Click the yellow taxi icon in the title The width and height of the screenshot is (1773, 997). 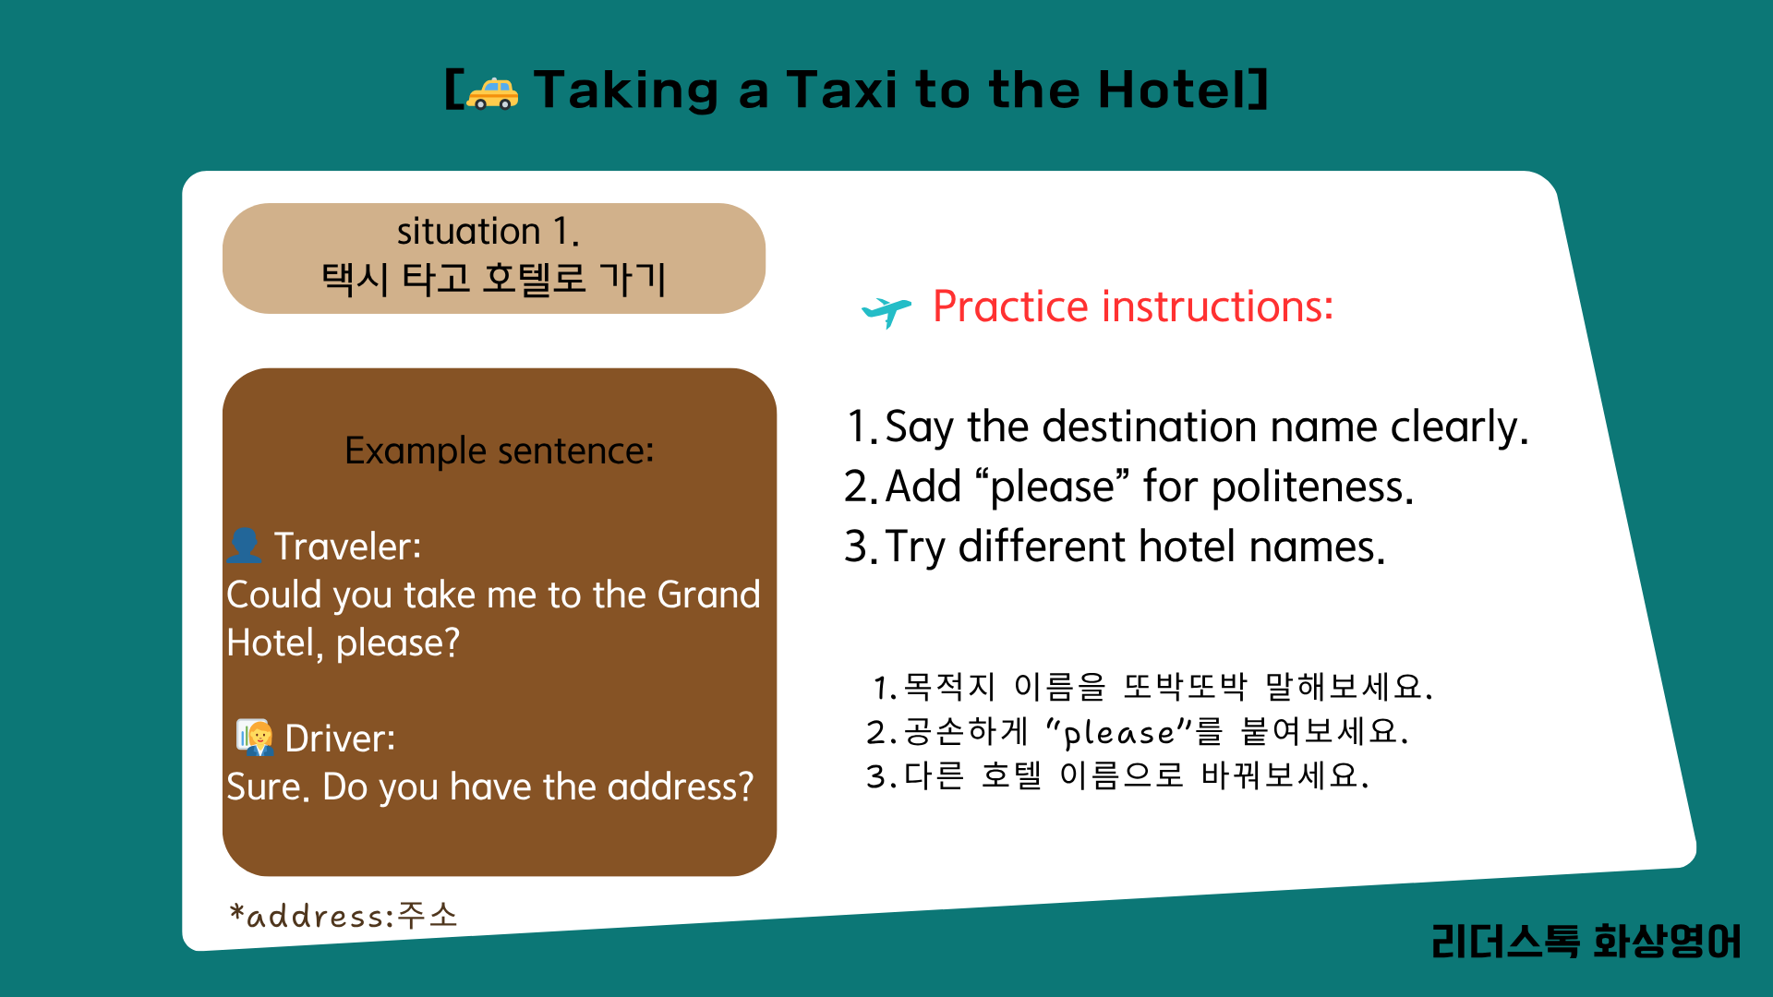point(492,92)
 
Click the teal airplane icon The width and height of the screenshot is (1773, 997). point(886,311)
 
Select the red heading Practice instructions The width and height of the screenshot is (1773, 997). point(1133,306)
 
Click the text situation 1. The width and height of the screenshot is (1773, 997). point(488,231)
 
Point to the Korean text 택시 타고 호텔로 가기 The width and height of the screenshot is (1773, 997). point(493,278)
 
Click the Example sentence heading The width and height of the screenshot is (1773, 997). point(500,450)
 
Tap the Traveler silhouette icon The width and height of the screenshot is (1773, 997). point(245,545)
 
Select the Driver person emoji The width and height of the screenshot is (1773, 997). point(254,738)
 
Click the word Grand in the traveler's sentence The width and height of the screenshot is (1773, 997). point(708,595)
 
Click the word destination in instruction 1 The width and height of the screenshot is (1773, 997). point(1149,426)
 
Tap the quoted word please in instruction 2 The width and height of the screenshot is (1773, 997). point(1053,487)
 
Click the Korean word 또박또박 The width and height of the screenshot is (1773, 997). point(1186,687)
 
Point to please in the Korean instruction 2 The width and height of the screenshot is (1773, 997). point(1119,733)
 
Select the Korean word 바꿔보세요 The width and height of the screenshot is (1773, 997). point(1285,775)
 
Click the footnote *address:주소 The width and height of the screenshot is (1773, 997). point(344,916)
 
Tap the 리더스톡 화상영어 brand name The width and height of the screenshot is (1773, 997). point(1586,942)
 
